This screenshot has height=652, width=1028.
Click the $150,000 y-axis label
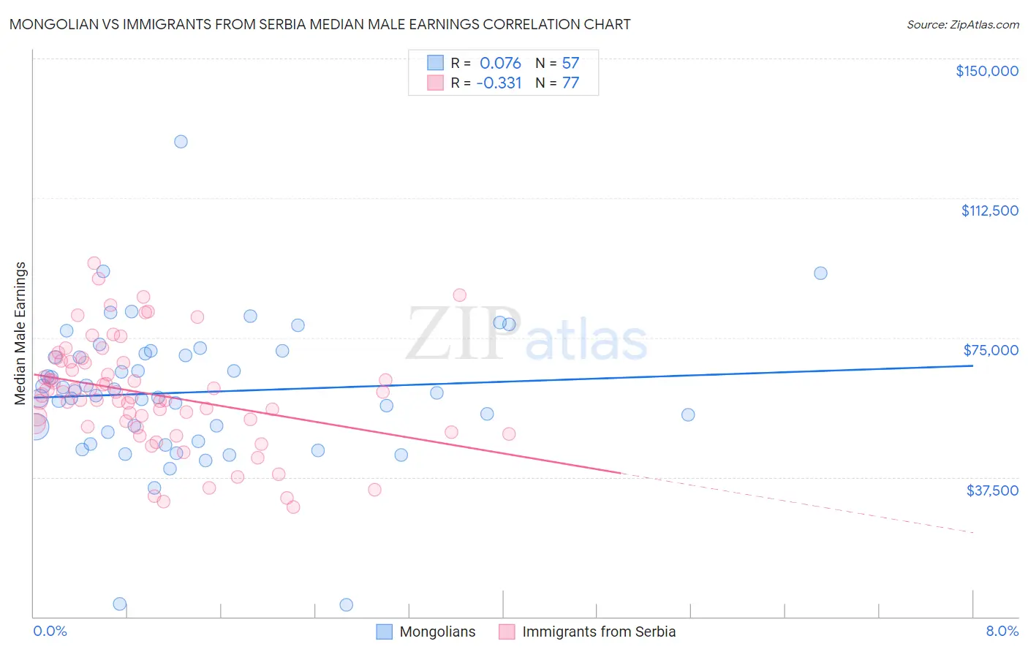coord(986,71)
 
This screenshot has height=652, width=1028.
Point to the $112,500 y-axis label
coord(989,211)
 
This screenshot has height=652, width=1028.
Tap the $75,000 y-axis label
coord(991,350)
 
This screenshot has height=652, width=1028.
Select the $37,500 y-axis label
coord(992,490)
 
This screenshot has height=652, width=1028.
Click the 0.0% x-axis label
coord(50,631)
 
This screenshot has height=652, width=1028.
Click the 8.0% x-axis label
coord(1002,631)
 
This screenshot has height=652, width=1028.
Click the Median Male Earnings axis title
coord(20,333)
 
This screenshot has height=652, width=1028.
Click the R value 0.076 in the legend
coord(500,63)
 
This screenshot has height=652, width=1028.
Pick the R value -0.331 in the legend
coord(499,83)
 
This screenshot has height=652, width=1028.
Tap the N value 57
coord(570,63)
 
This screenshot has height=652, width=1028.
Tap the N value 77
coord(570,83)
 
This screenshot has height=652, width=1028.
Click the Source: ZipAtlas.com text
coord(962,24)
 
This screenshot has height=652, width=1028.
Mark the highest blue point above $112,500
coord(181,142)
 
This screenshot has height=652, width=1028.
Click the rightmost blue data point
coord(820,273)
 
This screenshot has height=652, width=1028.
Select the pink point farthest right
coord(509,433)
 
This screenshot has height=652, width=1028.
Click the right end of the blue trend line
coord(972,365)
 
